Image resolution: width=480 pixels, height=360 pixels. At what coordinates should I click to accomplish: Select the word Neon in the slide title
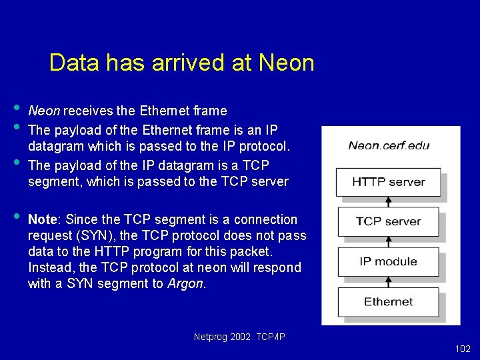tap(286, 63)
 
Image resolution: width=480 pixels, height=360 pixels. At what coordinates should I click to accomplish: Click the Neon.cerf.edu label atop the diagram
tap(389, 145)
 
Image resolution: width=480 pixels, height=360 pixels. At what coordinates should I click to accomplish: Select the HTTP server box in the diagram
tap(388, 181)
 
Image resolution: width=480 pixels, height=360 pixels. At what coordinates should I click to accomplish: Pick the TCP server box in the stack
tap(388, 221)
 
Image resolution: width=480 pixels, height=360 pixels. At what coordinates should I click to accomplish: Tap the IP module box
tap(388, 261)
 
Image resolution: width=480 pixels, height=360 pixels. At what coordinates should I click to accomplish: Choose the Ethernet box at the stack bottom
tap(388, 301)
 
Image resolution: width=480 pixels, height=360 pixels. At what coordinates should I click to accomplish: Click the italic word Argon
tap(186, 283)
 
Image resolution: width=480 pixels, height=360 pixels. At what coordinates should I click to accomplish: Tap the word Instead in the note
tap(50, 267)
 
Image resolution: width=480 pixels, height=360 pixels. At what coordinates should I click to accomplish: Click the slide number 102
tap(462, 349)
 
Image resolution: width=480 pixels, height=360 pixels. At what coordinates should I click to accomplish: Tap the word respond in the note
tap(278, 267)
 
